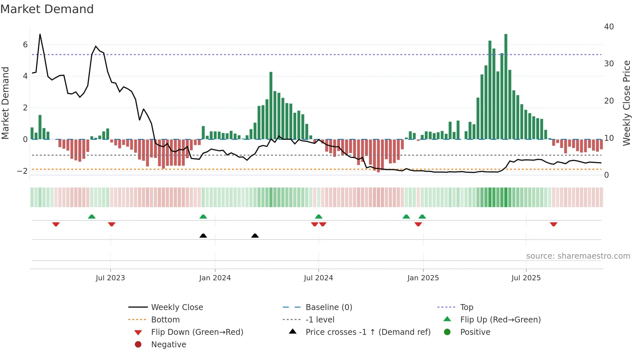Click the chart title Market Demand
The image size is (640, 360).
coord(47,9)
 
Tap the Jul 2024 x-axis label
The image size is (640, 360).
coord(318,278)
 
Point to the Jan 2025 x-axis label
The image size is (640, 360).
coord(423,278)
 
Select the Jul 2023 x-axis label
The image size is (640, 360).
coord(110,278)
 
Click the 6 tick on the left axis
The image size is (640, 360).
coord(25,44)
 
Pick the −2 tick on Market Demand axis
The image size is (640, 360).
coord(23,171)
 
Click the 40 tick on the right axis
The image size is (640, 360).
coord(609,26)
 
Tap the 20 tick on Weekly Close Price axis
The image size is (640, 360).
coord(609,101)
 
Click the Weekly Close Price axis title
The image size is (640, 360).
coord(626,103)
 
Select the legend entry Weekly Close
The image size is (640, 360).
coord(177,307)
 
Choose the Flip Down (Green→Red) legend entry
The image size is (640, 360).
coord(197,332)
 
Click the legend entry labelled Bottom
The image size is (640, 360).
coord(165,319)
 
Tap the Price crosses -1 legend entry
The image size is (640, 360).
coord(368,332)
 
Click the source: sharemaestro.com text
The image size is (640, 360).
coord(578,256)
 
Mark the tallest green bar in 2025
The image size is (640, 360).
coord(506,87)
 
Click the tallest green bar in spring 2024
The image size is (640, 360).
coord(271,105)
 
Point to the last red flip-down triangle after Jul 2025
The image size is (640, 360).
coord(553,224)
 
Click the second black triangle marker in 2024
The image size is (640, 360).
coord(255,236)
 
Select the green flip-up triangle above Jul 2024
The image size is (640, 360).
coord(319,217)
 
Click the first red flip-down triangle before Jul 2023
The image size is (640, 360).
coord(56,224)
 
